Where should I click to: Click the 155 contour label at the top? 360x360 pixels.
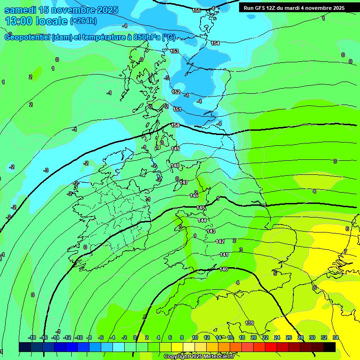197,10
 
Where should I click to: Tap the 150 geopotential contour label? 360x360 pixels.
175,125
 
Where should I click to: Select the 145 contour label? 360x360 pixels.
201,208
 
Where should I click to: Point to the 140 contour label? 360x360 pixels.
224,269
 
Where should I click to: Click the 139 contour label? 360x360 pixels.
250,323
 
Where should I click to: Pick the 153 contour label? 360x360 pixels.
174,51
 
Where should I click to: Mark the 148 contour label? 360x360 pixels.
175,165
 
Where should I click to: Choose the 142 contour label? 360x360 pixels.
220,241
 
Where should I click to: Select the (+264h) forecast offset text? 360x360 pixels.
83,21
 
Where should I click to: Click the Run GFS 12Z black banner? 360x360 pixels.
294,8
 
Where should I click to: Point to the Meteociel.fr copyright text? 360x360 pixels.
199,356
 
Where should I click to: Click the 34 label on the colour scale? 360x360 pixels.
335,337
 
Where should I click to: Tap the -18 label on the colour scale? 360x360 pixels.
32,337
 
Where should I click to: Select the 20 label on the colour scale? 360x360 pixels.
253,337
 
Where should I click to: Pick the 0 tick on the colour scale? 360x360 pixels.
135,337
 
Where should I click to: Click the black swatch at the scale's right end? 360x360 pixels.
330,347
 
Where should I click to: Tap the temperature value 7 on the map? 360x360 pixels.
345,252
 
